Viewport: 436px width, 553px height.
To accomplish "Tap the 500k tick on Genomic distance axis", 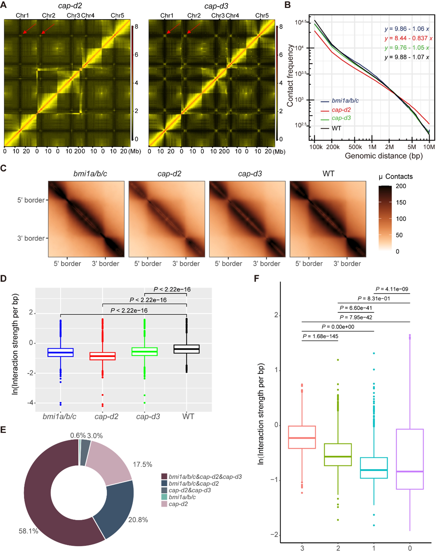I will coord(355,147).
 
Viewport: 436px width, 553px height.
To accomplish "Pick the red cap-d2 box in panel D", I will coord(102,356).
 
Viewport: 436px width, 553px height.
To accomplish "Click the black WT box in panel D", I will coord(187,349).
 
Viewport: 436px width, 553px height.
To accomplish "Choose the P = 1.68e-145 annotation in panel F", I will coord(320,336).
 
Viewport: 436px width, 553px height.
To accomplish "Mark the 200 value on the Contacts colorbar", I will coord(401,186).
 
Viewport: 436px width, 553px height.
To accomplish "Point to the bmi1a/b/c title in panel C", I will coord(90,174).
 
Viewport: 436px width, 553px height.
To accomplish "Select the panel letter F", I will coord(256,278).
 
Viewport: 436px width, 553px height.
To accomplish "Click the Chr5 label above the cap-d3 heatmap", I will coord(262,16).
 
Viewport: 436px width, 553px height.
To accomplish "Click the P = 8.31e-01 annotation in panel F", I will coord(374,298).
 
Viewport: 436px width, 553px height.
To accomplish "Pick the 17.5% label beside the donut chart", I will coord(142,465).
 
